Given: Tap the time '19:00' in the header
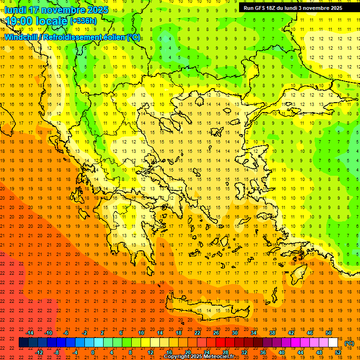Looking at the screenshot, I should pos(18,21).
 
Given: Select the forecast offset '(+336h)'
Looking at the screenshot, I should pos(83,21).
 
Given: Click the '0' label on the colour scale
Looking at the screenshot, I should pos(93,352).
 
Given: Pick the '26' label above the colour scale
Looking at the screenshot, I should pos(216,332).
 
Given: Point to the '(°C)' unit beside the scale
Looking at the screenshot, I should pos(349,343).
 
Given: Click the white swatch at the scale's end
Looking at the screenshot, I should pos(333,343).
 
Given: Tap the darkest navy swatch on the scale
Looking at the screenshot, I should pos(23,343).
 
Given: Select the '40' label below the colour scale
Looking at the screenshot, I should pos(282,352).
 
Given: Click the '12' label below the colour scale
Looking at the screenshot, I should pos(150,352).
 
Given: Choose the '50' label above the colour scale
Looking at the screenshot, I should pos(329,332).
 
